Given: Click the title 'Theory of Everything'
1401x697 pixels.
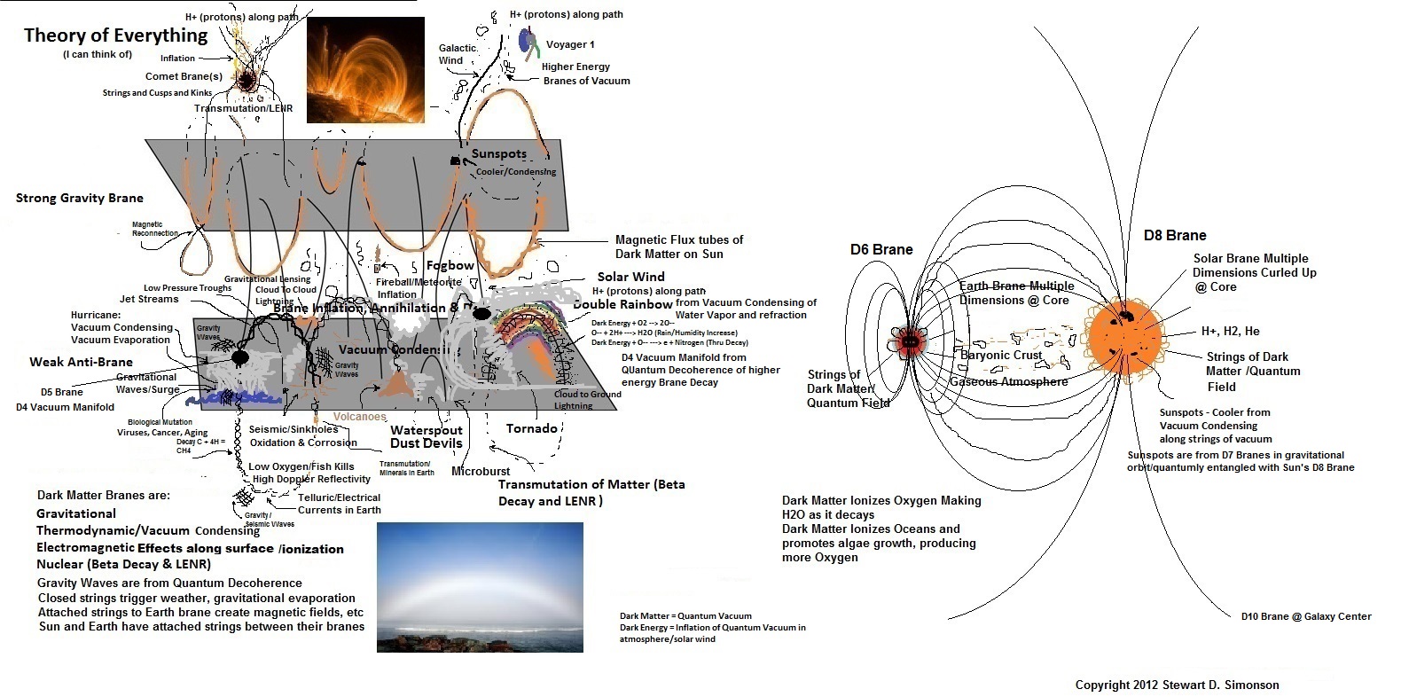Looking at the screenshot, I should tap(115, 35).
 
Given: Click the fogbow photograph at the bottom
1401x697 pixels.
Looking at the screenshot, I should tap(480, 587).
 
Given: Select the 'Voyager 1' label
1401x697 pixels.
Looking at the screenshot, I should tap(570, 44).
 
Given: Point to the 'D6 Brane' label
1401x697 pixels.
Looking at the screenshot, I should tap(881, 249).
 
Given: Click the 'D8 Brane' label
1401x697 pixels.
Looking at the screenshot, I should tap(1175, 235).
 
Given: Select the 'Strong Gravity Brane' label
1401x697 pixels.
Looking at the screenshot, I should tap(80, 198).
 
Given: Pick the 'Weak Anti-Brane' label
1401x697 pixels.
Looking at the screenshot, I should tap(81, 362).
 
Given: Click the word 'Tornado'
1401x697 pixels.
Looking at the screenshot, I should tap(531, 428).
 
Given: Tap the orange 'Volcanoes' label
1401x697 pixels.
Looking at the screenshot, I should tap(359, 416).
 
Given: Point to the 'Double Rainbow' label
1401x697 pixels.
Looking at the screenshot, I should tap(622, 304).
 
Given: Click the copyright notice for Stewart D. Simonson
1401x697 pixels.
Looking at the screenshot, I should tap(1177, 685).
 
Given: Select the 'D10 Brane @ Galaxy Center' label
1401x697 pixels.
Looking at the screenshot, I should tap(1306, 616).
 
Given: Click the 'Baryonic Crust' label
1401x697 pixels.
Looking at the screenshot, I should tap(1002, 355).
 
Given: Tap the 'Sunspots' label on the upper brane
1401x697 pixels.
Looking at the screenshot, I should tap(498, 153).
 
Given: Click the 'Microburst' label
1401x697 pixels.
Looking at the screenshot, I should tap(481, 471).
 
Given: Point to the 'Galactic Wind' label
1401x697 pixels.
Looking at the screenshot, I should tap(458, 54).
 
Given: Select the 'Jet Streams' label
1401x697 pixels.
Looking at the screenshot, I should tap(149, 299).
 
